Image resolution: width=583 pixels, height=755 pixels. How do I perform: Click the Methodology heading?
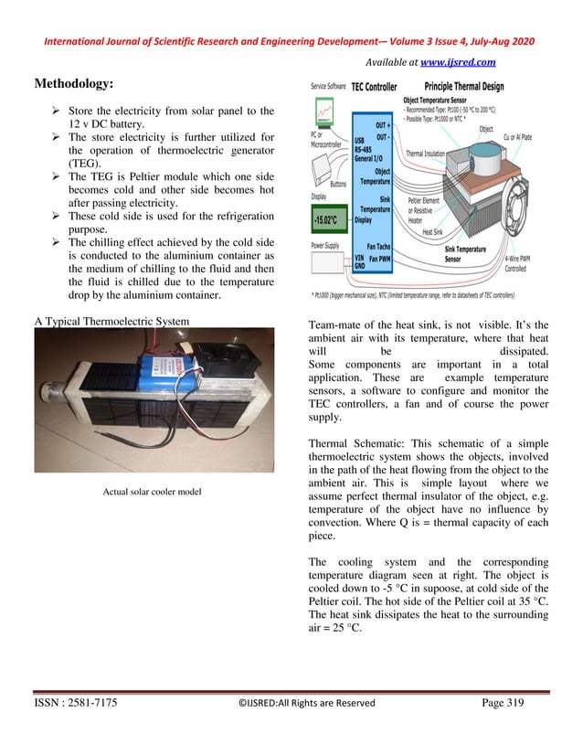pyautogui.click(x=74, y=83)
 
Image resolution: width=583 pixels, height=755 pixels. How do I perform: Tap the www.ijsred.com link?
pyautogui.click(x=457, y=62)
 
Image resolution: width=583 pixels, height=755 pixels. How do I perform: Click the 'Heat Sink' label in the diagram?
pyautogui.click(x=434, y=232)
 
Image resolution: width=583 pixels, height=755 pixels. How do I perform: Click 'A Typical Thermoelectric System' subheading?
pyautogui.click(x=111, y=321)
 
